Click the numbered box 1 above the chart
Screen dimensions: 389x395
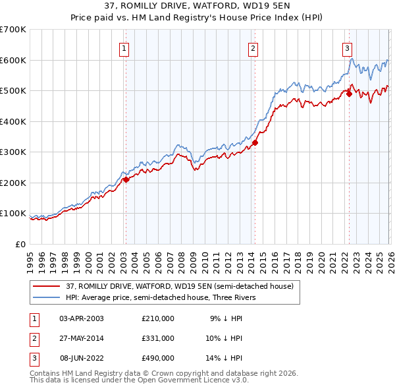click(x=124, y=47)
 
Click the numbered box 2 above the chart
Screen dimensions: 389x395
click(x=253, y=47)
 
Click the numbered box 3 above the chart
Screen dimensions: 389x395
click(x=347, y=47)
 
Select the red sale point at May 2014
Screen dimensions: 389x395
click(x=255, y=142)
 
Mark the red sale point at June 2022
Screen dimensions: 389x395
click(x=349, y=94)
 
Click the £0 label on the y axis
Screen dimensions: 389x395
click(x=21, y=244)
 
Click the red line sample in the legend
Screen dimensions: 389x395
click(x=47, y=286)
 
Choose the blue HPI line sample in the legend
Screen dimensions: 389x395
click(x=47, y=297)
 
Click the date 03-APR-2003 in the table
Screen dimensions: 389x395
click(x=82, y=318)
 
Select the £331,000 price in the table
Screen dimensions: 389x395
click(x=158, y=338)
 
